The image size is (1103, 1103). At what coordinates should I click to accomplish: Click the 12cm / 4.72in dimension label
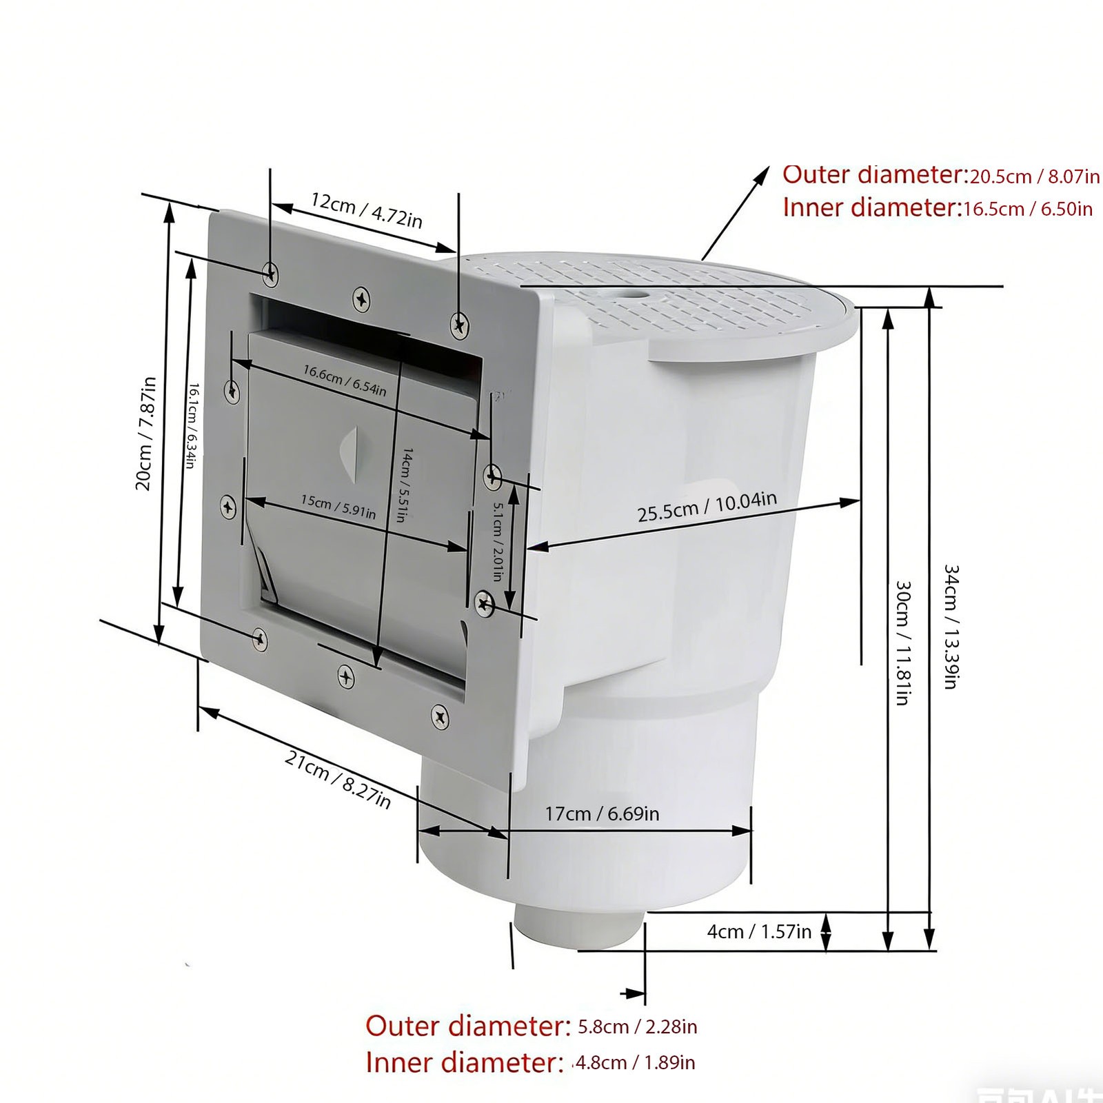pos(366,210)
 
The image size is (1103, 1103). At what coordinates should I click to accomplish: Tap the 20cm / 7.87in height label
pos(145,434)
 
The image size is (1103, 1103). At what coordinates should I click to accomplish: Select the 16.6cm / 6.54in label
pos(345,381)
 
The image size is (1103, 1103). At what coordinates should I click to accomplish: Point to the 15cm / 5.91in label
pos(338,507)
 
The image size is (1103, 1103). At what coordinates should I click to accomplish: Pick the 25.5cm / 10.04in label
pos(707,506)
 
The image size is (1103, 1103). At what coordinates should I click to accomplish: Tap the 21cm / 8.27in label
pos(338,779)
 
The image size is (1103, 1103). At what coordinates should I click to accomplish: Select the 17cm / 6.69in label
pos(602,813)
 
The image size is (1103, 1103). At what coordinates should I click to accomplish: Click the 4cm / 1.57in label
pos(759,931)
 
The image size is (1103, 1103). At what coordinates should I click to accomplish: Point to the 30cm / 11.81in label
pos(903,642)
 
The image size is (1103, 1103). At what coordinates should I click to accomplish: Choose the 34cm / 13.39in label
pos(951,627)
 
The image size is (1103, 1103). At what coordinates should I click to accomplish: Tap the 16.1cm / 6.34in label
pos(192,425)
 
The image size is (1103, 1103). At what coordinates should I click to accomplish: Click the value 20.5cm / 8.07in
pos(1035,177)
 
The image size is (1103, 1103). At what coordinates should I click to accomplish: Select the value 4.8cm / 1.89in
pos(634,1062)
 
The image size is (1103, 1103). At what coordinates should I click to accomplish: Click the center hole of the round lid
pos(631,295)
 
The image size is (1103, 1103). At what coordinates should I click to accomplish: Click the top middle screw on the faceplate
pos(361,298)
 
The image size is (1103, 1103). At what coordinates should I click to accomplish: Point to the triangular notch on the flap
pos(350,452)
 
